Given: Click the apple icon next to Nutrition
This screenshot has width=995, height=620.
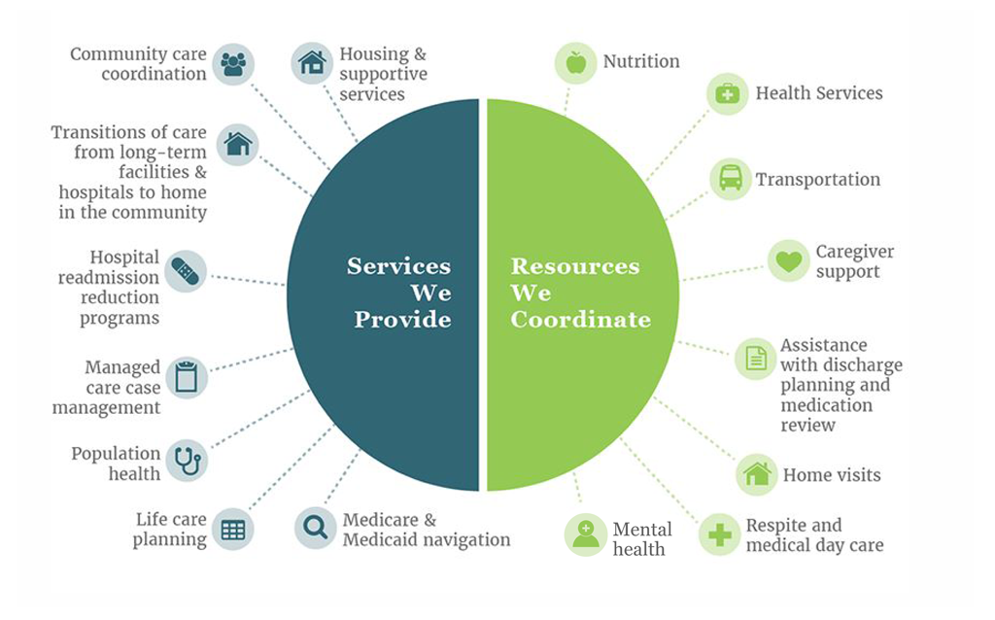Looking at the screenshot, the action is (x=575, y=63).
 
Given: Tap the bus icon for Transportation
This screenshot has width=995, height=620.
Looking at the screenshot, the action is (x=731, y=178).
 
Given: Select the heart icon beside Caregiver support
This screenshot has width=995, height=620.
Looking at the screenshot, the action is (x=789, y=260).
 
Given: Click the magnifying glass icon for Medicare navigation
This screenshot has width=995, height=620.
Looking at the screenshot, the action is (x=316, y=528).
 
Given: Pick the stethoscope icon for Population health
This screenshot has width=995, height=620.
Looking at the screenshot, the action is (x=188, y=461).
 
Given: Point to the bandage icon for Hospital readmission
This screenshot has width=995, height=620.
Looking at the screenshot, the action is (x=186, y=271).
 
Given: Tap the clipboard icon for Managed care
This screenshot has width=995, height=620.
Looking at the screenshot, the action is (x=187, y=377).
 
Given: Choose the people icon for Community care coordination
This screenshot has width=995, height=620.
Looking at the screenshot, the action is (x=233, y=63).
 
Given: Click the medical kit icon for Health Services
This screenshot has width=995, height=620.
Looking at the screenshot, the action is (x=727, y=94).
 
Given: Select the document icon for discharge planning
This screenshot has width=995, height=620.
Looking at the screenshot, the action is (x=755, y=359).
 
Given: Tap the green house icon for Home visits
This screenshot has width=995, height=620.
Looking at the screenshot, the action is (x=757, y=474).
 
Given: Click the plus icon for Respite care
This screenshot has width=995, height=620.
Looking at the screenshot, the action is (x=720, y=534).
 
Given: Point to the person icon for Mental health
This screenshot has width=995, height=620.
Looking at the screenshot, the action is (x=585, y=534).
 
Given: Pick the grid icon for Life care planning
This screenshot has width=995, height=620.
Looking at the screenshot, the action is (x=233, y=530).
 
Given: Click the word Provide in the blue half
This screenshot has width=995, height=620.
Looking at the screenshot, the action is (x=402, y=319).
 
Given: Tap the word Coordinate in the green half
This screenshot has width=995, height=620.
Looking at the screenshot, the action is (x=581, y=319).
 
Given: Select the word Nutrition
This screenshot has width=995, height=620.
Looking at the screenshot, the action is (x=641, y=61).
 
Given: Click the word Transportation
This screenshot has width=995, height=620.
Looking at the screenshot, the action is (x=818, y=180).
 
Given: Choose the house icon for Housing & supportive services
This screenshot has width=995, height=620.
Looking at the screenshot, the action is (x=312, y=63).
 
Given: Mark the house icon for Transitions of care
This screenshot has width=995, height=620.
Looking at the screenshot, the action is (x=238, y=144).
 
